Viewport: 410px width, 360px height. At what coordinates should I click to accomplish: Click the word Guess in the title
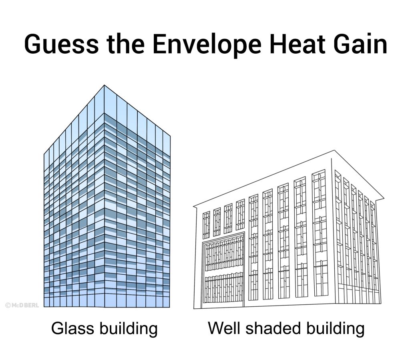coord(61,44)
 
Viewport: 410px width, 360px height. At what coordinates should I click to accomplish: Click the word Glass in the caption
coord(72,328)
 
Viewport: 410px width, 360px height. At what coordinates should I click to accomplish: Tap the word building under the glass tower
coord(129,329)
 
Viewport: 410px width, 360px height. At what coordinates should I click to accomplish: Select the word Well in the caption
coord(224,328)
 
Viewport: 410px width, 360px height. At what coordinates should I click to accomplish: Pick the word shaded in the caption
coord(273,328)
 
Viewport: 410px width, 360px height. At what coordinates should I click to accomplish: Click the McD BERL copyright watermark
coord(22,305)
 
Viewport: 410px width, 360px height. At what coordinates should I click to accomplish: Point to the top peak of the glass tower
coord(104,85)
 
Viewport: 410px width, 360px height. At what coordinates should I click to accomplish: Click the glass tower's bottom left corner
coord(44,307)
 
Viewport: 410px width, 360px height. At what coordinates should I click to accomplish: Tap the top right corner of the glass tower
coord(170,136)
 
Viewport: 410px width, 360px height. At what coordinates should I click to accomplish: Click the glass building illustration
coord(107,196)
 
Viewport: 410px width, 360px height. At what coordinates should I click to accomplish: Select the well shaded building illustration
coord(289,229)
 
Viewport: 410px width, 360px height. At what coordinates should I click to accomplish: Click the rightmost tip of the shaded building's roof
coord(384,198)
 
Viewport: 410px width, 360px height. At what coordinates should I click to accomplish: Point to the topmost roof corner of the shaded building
coord(334,150)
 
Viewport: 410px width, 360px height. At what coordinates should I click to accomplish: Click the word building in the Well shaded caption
coord(335,329)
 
